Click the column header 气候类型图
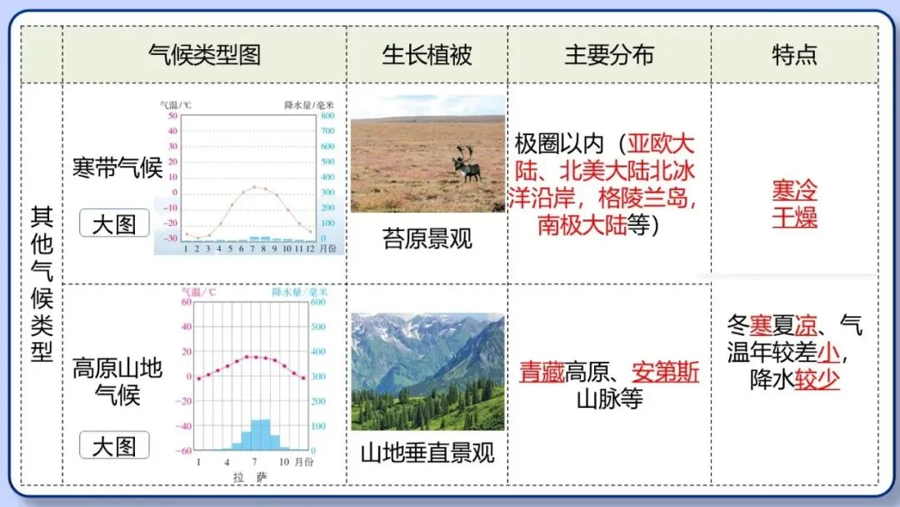coord(204,55)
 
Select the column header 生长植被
coord(427,55)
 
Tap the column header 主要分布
coord(609,55)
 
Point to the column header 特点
coord(794,55)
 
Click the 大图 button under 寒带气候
coord(114,223)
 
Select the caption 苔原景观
coord(427,239)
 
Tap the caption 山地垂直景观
coord(427,453)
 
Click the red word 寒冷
coord(794,190)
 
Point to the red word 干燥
coord(794,218)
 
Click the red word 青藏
coord(542,372)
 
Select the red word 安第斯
coord(665,372)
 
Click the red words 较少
coord(817,380)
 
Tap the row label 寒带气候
coord(117,168)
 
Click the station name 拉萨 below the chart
coord(250,476)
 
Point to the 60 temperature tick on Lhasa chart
coord(186,302)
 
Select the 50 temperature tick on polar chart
coord(172,116)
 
